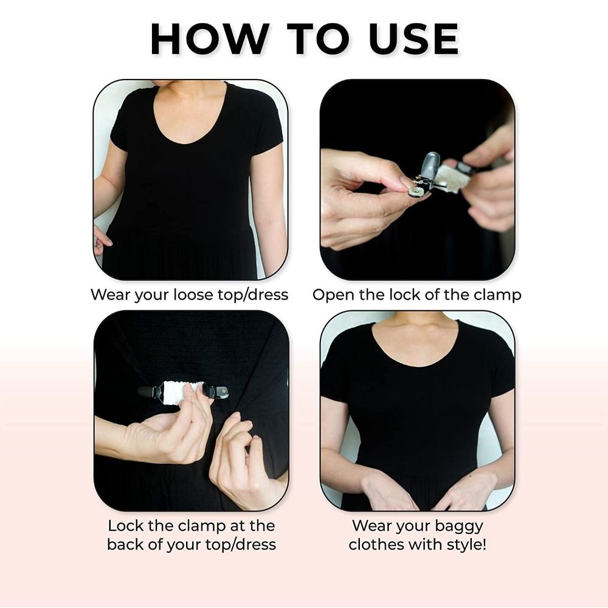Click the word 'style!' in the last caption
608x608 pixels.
466,544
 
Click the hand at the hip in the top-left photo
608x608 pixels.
102,238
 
